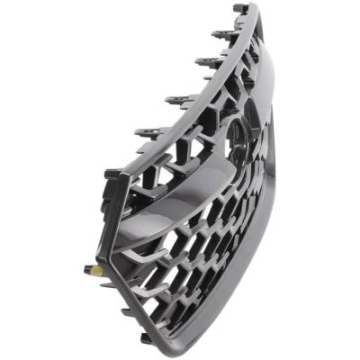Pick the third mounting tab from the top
click(x=208, y=63)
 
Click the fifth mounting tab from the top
click(x=149, y=132)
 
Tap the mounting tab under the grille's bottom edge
click(x=147, y=340)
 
